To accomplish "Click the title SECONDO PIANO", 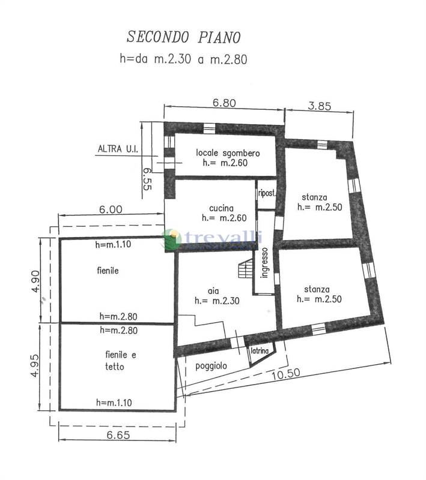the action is click(184, 37).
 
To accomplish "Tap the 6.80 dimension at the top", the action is click(224, 103).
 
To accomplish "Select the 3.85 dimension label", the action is click(320, 106).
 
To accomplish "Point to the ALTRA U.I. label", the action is click(118, 149).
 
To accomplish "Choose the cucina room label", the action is click(221, 208).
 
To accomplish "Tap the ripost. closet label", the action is click(267, 193).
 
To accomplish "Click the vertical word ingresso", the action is click(264, 263).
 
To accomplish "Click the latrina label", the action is click(260, 350).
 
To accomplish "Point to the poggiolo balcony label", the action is click(211, 366).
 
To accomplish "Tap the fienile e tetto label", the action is click(120, 361).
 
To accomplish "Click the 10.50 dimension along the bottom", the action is click(285, 373).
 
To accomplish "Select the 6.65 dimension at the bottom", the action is click(118, 434).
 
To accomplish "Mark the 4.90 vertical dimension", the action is click(36, 281).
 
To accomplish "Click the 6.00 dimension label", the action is click(111, 209).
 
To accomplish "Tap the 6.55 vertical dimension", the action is click(147, 179).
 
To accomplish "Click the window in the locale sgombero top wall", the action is click(209, 128).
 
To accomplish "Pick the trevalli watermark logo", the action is click(212, 239).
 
